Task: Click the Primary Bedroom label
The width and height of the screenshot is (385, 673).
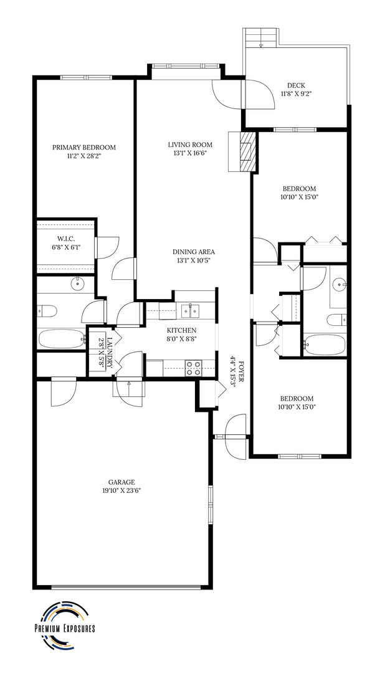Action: click(x=84, y=148)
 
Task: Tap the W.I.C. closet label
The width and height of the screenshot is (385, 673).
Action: click(x=66, y=239)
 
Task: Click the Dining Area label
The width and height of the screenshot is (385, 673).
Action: click(x=193, y=252)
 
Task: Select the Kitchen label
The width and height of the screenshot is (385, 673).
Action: click(x=182, y=330)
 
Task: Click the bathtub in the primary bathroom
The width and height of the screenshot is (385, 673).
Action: click(x=62, y=339)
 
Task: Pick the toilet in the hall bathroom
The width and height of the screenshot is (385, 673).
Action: click(x=336, y=320)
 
